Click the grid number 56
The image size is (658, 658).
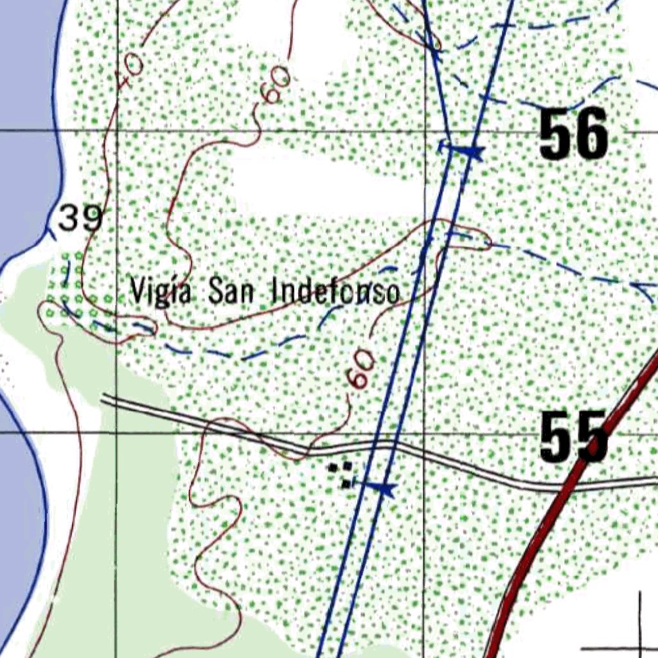[x=573, y=134]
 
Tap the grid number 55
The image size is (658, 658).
[x=573, y=437]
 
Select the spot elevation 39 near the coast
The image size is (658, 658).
[x=80, y=219]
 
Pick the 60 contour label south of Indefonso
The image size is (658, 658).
[x=360, y=371]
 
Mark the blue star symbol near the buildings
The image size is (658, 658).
[x=384, y=489]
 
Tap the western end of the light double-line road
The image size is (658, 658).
[x=104, y=399]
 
